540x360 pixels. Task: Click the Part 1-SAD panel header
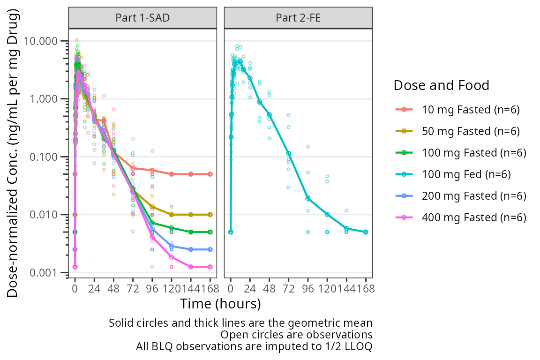(x=142, y=18)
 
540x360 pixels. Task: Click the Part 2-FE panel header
(x=298, y=18)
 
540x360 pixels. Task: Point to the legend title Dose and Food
(x=441, y=85)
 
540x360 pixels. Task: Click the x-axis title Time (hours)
(x=220, y=304)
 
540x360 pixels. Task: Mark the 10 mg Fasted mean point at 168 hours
(x=210, y=174)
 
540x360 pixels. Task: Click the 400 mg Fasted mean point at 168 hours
(x=210, y=267)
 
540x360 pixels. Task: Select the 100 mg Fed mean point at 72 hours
(x=289, y=154)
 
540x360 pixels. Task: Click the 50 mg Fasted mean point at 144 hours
(x=191, y=215)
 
